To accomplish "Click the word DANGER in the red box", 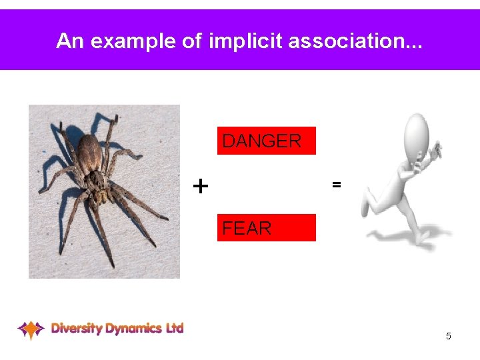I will coord(261,141).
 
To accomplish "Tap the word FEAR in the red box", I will coord(247,229).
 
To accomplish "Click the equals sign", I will coord(337,185).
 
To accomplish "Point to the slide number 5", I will coord(449,336).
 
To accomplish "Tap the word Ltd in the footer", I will coord(175,327).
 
